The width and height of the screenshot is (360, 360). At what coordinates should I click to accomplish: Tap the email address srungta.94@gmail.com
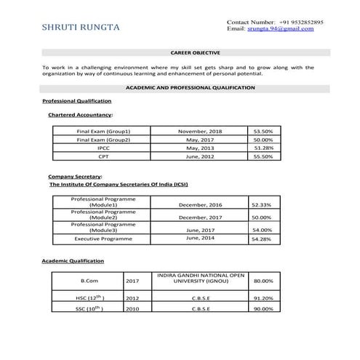tap(288, 29)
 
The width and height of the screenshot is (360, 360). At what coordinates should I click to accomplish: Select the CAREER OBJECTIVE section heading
tap(190, 53)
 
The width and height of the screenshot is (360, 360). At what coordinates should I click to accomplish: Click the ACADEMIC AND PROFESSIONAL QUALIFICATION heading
tap(190, 87)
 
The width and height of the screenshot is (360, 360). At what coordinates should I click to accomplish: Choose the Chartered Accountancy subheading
tap(80, 115)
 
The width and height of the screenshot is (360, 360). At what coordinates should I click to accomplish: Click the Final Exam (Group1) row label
tap(103, 131)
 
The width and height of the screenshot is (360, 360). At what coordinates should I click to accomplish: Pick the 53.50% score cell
tap(263, 131)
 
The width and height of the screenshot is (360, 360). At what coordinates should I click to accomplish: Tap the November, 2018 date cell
tap(200, 131)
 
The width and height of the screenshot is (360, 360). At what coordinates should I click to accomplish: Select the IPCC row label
tap(103, 148)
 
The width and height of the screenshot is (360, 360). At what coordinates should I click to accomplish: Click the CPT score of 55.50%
tap(263, 156)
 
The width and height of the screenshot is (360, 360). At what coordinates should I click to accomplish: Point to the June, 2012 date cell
tap(200, 156)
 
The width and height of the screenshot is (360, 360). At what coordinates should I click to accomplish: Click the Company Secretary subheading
tap(75, 176)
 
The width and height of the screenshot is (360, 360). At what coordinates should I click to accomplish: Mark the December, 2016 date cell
tap(200, 205)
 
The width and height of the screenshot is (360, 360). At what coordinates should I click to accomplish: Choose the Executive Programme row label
tap(99, 239)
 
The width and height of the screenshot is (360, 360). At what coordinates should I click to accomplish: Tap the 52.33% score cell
tap(260, 205)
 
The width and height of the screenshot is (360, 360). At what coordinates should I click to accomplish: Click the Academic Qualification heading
tap(73, 260)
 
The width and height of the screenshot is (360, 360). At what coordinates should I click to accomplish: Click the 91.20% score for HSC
tap(263, 298)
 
